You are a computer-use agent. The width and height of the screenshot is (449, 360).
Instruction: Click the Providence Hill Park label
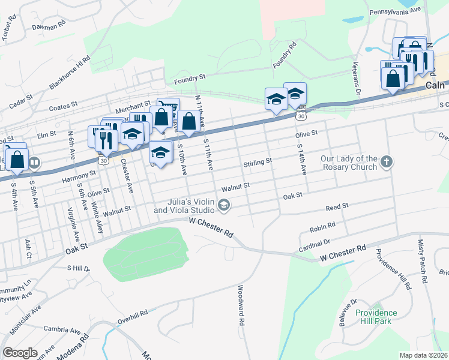(x=376, y=317)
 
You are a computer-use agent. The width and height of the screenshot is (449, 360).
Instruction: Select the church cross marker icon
(x=387, y=161)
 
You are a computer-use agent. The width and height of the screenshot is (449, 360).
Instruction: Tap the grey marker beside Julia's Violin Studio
(x=224, y=206)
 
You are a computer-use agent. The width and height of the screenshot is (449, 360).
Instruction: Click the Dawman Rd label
(x=49, y=27)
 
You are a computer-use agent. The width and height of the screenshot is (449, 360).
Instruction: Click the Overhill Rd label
(x=133, y=317)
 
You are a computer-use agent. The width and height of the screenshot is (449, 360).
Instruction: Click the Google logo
(x=20, y=353)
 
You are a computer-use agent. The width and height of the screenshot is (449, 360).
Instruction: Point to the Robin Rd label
(x=322, y=229)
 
